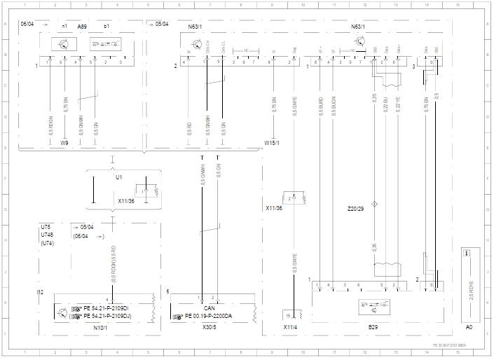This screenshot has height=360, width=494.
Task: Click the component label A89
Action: [x=83, y=26]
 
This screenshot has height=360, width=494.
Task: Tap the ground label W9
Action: [x=65, y=143]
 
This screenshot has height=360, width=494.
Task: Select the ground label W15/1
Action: [x=272, y=143]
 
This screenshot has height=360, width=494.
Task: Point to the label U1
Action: [x=119, y=177]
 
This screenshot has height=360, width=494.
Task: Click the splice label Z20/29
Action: [x=357, y=209]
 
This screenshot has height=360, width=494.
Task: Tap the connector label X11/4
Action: [x=291, y=327]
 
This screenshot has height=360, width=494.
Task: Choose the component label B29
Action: [x=372, y=327]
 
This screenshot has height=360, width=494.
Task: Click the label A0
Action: [x=469, y=327]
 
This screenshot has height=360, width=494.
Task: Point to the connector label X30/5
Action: [x=209, y=327]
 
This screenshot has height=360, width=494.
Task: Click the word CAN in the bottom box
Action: [x=209, y=307]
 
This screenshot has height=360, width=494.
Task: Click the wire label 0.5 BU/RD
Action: [x=320, y=105]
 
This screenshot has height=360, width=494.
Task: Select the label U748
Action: [x=47, y=235]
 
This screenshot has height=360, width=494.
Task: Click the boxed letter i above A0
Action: [x=467, y=253]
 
